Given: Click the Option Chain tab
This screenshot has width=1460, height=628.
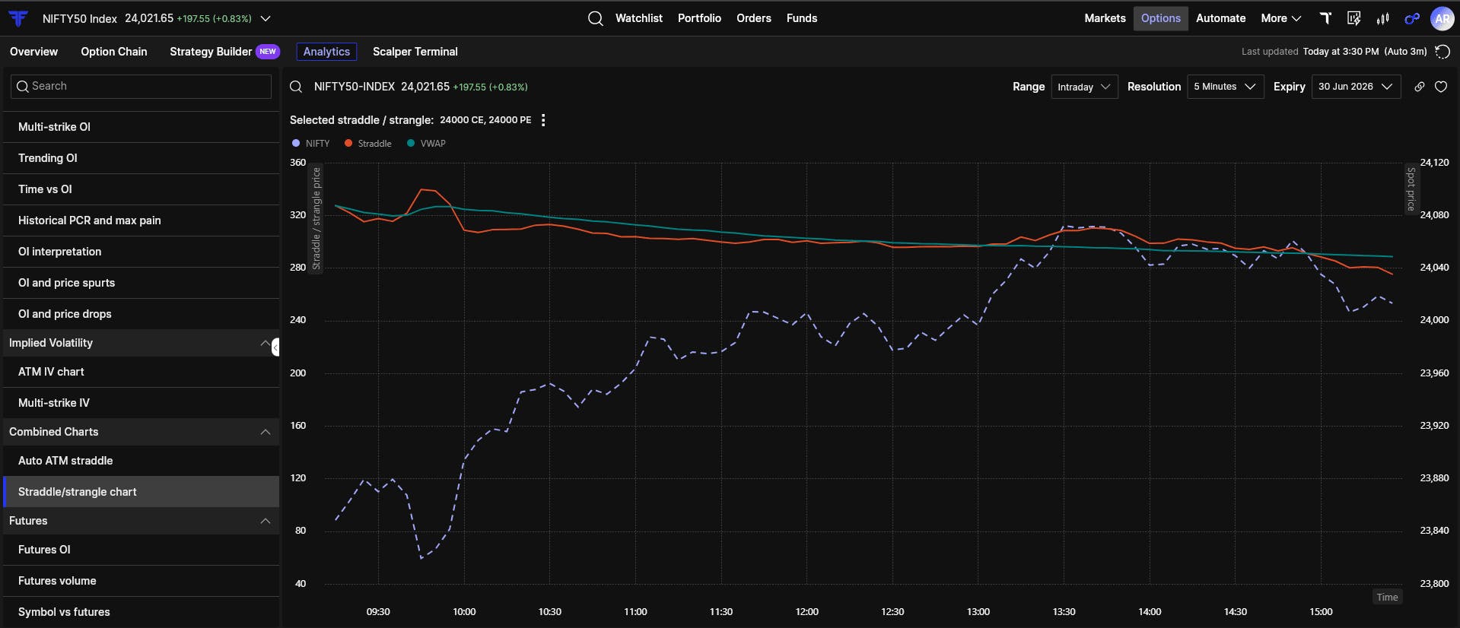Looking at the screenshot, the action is [114, 52].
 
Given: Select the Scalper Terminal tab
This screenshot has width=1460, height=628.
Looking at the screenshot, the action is [415, 52].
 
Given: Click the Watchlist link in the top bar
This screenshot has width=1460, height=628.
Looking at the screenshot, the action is [638, 18].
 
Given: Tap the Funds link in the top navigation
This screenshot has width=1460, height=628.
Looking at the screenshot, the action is [802, 18].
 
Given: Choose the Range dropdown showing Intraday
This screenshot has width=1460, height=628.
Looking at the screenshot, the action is [1084, 87].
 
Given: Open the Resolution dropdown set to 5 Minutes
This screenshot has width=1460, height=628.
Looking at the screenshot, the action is [1225, 87].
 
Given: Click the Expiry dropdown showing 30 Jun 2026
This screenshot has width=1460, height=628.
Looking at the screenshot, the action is [1356, 87].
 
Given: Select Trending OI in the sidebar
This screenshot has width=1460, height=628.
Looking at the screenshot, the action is [48, 158].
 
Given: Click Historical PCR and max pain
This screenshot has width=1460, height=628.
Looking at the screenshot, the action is [90, 220].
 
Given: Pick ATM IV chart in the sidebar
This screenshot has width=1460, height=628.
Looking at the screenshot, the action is [51, 372].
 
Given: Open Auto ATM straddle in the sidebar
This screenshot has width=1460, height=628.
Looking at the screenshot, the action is [65, 461].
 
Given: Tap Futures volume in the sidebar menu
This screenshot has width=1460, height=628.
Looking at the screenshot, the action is [57, 581].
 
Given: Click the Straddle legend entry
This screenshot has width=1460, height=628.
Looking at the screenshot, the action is [368, 144].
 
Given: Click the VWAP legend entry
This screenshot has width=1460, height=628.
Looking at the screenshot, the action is [427, 144].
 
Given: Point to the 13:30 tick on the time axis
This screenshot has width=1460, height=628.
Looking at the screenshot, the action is [1064, 612].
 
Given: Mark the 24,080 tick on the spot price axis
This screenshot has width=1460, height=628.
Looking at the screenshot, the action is [1434, 215].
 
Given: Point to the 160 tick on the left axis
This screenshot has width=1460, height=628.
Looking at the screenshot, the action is [298, 426].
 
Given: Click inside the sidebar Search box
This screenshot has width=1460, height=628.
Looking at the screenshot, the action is [141, 87].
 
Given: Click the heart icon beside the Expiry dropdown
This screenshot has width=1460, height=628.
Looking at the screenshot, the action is [1441, 87].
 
